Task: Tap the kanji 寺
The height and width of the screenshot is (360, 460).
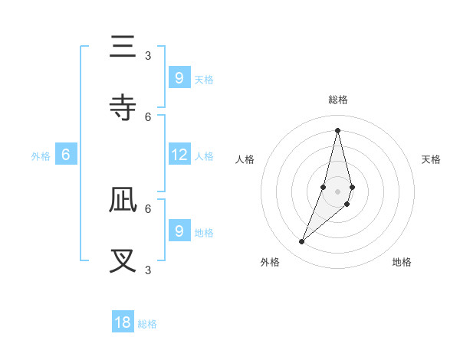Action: [123, 108]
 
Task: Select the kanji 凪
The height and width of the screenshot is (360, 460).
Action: [123, 200]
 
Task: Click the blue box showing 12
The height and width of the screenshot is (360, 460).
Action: [179, 155]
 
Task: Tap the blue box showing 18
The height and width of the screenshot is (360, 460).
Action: [123, 322]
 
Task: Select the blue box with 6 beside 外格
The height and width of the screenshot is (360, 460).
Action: [66, 155]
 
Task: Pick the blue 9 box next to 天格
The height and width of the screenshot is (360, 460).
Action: [179, 77]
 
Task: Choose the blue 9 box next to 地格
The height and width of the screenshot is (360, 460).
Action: [179, 231]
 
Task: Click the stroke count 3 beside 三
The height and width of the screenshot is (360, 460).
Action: [148, 55]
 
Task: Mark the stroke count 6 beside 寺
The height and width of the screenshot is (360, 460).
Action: [148, 116]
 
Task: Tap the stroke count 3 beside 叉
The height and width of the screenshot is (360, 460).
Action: [148, 270]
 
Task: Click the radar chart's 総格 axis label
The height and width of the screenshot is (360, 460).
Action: [337, 100]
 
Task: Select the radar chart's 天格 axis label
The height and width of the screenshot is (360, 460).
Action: [432, 159]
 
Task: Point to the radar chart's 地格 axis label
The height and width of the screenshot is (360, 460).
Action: [402, 262]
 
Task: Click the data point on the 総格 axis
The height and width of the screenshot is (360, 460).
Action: [337, 130]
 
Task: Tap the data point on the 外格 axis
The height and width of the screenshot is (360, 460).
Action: [302, 242]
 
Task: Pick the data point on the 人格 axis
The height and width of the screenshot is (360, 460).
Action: [324, 187]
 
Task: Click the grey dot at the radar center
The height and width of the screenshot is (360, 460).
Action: [337, 191]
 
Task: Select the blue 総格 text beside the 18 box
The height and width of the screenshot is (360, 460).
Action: [147, 324]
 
